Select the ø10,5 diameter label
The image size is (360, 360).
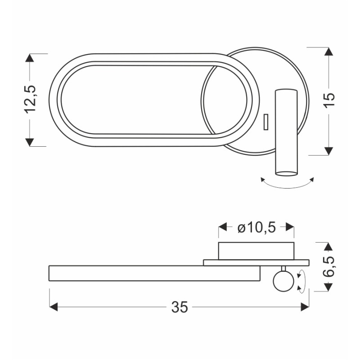tap(256, 228)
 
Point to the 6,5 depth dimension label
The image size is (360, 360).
tap(329, 266)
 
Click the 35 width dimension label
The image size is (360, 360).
tap(180, 307)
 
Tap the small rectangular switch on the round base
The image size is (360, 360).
tap(266, 122)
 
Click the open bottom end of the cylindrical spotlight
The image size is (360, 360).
tap(287, 174)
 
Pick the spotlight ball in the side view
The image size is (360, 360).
tap(283, 281)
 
